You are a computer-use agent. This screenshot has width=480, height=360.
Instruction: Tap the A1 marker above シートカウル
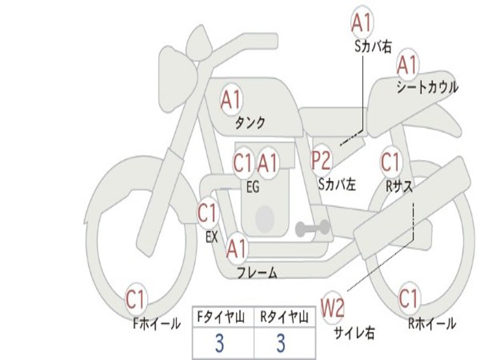click(x=407, y=65)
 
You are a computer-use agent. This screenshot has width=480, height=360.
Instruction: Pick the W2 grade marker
click(x=332, y=308)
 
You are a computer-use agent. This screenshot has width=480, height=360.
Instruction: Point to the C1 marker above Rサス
click(x=390, y=162)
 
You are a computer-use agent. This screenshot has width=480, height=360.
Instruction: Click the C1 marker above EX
click(x=207, y=214)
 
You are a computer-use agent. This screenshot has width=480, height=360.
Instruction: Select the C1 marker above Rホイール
click(x=409, y=299)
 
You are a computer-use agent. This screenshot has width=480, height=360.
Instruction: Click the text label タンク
click(x=250, y=123)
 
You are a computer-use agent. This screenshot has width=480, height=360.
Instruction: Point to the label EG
click(x=253, y=187)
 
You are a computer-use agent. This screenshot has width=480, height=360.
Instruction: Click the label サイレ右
click(x=354, y=333)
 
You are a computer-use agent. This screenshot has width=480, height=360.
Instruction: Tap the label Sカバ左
click(x=337, y=184)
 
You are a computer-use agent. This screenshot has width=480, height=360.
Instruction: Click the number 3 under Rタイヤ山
click(x=280, y=344)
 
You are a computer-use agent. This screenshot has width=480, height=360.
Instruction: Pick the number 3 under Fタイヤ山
click(x=219, y=344)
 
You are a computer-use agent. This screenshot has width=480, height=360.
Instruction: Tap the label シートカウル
click(x=427, y=88)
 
